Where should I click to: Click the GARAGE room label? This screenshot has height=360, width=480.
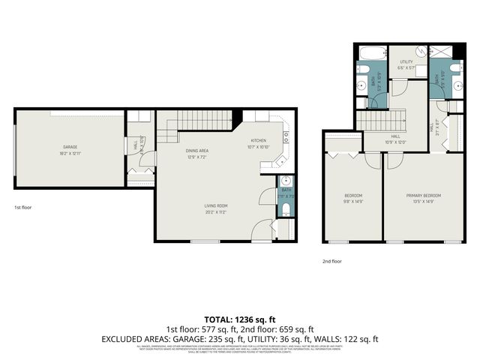click(x=70, y=146)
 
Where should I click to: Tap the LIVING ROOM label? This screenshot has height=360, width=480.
click(x=216, y=205)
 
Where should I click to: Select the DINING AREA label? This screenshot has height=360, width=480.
click(x=197, y=151)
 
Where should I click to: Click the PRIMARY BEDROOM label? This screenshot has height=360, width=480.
click(x=424, y=196)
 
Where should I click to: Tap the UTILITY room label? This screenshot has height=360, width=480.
click(x=406, y=61)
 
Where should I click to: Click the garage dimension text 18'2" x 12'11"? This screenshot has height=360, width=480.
click(x=70, y=152)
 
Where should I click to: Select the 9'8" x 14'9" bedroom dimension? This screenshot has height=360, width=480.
click(x=352, y=202)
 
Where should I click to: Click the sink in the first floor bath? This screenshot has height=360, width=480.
click(x=286, y=181)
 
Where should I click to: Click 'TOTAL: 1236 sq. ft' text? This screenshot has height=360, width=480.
click(x=239, y=319)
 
